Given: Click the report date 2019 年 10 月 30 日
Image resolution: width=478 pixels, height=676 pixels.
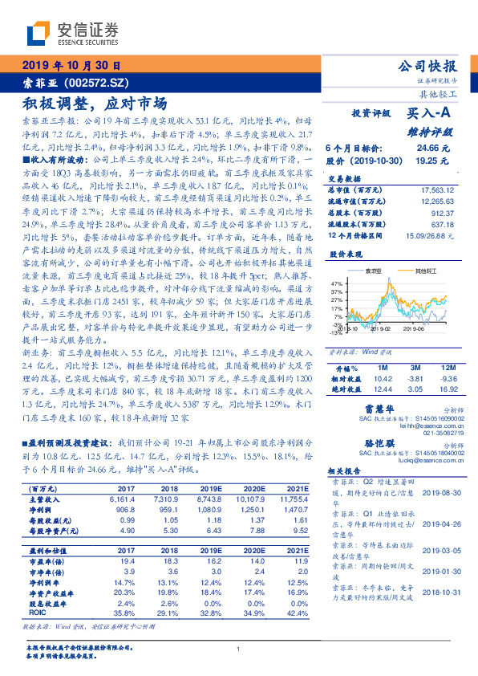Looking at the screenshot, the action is [70, 65].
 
